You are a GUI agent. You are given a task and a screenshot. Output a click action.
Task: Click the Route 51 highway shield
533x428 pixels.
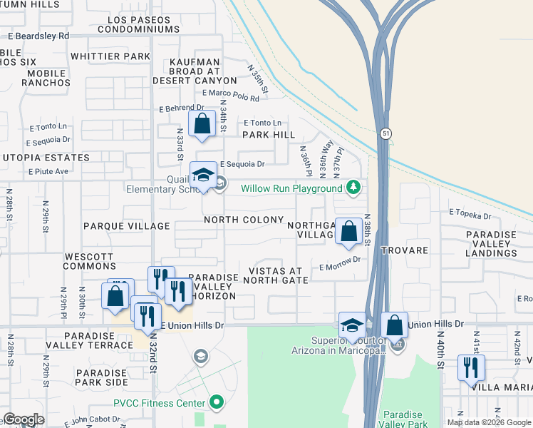(x=385, y=133)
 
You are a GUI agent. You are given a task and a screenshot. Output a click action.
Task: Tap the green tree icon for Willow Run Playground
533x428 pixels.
(x=353, y=188)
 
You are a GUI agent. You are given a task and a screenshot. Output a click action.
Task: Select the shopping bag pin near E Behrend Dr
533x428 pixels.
(x=202, y=123)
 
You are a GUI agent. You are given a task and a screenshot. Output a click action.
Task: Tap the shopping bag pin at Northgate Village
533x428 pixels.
(x=348, y=231)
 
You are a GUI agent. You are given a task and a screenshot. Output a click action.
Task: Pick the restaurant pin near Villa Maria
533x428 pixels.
(x=470, y=368)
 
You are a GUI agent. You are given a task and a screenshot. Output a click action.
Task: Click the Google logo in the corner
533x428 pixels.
(x=24, y=419)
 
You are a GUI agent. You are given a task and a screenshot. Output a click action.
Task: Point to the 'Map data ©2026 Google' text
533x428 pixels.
(x=489, y=422)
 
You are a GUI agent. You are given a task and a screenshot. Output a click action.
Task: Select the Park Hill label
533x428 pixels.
(x=269, y=135)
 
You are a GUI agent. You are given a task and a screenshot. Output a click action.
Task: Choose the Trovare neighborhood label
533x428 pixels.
(x=404, y=250)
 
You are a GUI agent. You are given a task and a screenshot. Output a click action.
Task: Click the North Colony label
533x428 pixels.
(x=243, y=220)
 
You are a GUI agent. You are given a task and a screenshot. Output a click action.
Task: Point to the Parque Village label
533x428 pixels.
(x=127, y=226)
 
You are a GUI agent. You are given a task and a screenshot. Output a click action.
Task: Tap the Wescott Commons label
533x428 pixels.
(x=89, y=260)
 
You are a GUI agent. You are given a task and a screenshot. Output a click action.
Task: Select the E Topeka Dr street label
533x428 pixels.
(x=470, y=214)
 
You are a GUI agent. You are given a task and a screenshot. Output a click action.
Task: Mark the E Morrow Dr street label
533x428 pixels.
(x=340, y=267)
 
